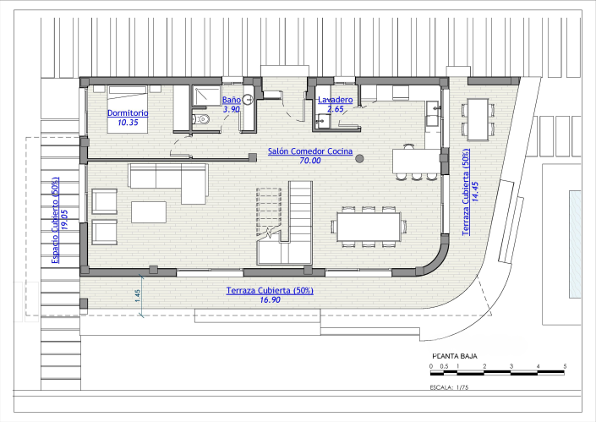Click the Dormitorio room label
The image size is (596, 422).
click(128, 113)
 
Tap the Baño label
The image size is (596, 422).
click(232, 100)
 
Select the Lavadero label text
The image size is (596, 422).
click(336, 100)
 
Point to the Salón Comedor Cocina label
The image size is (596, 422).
click(310, 151)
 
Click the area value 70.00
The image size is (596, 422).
click(310, 161)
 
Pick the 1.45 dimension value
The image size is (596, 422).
click(138, 296)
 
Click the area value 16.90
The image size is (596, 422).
click(270, 300)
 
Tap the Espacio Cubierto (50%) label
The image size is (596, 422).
click(56, 220)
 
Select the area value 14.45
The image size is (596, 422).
click(475, 192)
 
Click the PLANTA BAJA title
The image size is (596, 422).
click(455, 356)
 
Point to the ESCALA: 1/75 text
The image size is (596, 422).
click(449, 387)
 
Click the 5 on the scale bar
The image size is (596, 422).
click(565, 366)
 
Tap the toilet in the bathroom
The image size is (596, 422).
click(201, 119)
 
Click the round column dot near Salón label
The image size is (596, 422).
click(359, 158)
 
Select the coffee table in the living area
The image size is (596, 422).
click(149, 212)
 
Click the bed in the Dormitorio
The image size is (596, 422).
click(128, 109)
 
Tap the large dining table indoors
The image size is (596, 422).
click(369, 227)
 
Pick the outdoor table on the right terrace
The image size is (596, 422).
click(478, 120)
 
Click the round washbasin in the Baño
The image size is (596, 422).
click(248, 100)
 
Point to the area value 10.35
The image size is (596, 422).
click(128, 123)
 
